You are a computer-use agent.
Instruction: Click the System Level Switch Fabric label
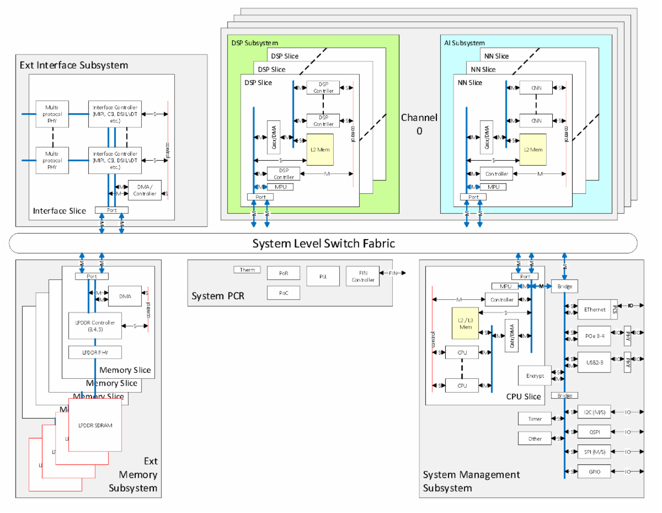coord(324,244)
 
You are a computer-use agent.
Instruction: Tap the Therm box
coord(248,269)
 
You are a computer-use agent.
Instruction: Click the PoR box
coord(283,273)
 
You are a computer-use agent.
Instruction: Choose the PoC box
coord(283,293)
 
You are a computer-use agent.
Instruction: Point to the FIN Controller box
coord(363,276)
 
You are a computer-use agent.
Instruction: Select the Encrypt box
coord(535,376)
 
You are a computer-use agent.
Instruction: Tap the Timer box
coord(535,419)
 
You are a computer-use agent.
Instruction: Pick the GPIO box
coord(594,472)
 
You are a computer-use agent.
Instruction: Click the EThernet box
coord(594,310)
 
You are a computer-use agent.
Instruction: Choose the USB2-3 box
coord(594,362)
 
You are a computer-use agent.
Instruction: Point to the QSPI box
coord(594,432)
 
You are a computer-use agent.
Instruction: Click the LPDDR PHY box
coord(95,352)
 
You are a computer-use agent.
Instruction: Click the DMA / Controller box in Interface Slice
coord(145,191)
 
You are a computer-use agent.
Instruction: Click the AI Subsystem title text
coord(464,43)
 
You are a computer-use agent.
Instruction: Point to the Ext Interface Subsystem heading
coord(73,65)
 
